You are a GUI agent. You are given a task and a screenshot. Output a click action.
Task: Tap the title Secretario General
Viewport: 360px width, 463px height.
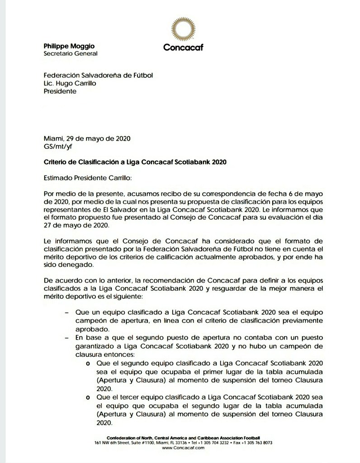pos(70,53)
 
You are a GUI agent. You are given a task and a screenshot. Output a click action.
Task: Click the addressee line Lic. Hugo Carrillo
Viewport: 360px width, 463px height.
pos(73,83)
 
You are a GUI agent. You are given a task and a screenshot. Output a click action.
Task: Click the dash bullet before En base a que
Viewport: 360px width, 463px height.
pos(67,337)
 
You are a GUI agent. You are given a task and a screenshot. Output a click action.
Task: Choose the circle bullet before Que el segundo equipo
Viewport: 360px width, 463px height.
pos(87,363)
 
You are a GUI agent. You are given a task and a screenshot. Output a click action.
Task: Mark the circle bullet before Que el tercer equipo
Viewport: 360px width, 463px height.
pos(87,397)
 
